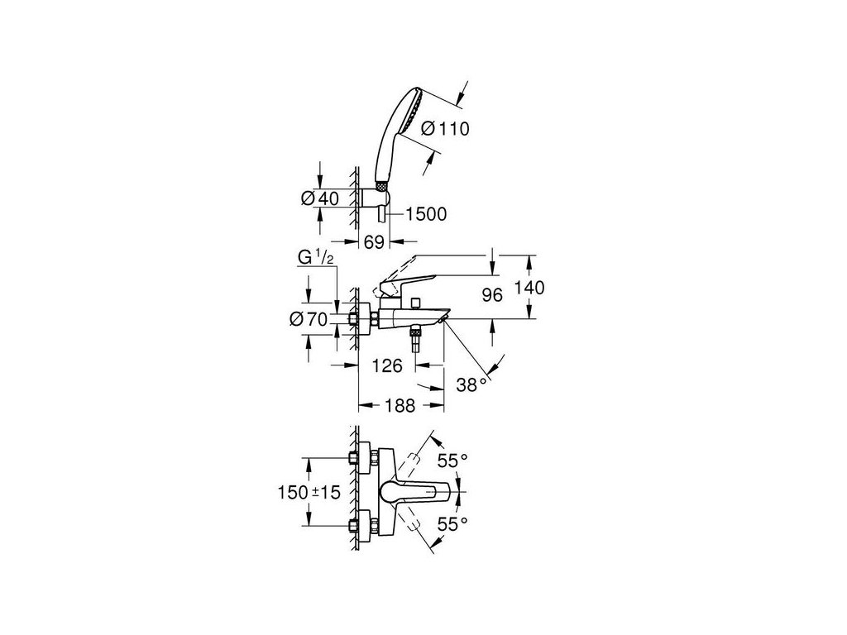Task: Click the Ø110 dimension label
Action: [x=445, y=128]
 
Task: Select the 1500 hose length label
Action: [x=426, y=215]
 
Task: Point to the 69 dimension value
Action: [x=376, y=241]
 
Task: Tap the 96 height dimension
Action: [x=492, y=295]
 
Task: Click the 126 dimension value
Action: [x=386, y=365]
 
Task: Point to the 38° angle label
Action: [x=472, y=383]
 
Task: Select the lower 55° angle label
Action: [x=452, y=523]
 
